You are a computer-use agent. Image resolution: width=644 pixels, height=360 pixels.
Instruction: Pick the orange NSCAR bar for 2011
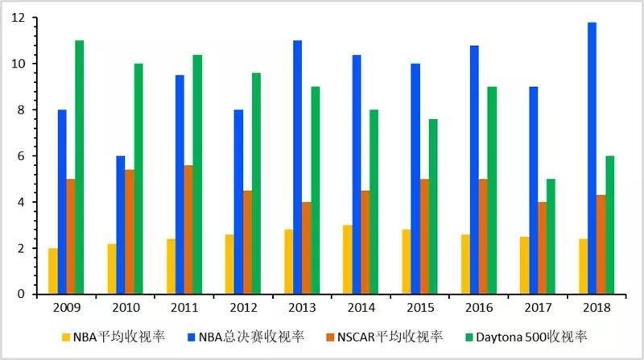pyautogui.click(x=188, y=230)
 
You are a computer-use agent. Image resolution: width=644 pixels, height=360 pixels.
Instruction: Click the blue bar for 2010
pyautogui.click(x=120, y=226)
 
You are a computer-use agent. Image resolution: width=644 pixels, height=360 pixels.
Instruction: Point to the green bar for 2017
pyautogui.click(x=551, y=237)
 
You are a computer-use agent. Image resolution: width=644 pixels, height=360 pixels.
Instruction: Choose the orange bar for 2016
pyautogui.click(x=482, y=237)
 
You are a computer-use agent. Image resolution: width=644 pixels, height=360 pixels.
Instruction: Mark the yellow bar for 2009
pyautogui.click(x=52, y=271)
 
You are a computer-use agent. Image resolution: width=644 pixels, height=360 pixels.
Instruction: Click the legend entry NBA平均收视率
pyautogui.click(x=120, y=337)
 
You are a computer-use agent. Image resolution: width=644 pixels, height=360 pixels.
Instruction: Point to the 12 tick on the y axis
pyautogui.click(x=19, y=18)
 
